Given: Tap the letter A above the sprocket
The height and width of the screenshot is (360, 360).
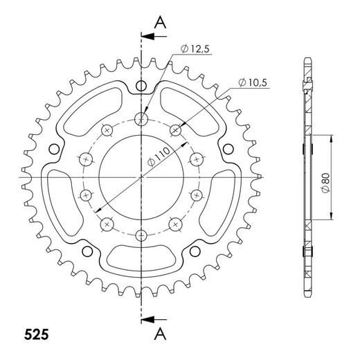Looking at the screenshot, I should tap(161, 21).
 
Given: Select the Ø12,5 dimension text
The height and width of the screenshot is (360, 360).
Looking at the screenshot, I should tap(196, 48).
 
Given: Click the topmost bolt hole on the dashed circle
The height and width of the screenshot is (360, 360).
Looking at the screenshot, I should tap(141, 118).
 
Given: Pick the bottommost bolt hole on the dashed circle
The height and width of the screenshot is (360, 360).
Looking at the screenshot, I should tap(141, 234).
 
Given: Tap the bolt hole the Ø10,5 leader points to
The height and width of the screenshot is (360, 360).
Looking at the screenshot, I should tap(174, 129).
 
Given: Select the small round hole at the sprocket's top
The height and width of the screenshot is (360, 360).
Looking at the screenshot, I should tap(141, 86).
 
